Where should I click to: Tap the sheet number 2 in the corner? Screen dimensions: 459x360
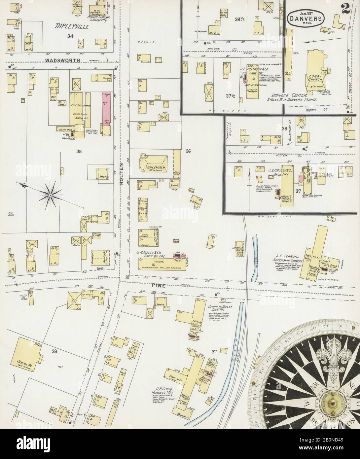point(346,11)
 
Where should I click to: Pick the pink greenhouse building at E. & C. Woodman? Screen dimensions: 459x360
point(106,109)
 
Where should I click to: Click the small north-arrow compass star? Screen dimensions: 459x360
point(50,196)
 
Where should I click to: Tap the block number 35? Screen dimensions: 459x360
point(78,152)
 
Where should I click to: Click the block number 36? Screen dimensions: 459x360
point(188,151)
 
